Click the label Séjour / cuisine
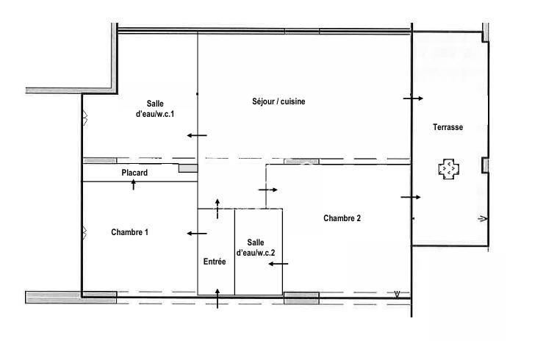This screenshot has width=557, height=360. [273, 101]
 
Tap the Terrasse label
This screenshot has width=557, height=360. [448, 127]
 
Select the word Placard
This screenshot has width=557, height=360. [134, 173]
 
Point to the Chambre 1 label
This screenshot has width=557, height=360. [130, 232]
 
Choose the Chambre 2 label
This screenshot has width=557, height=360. [342, 218]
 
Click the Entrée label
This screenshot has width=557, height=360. [215, 262]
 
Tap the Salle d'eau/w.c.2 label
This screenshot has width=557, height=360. [256, 248]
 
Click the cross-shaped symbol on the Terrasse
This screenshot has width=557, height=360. [449, 169]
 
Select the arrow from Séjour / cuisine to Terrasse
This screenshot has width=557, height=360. [413, 98]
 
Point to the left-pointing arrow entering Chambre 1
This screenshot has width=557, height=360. [196, 234]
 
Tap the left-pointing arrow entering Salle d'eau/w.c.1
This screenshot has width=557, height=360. [196, 135]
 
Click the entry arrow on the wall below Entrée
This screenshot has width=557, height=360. [218, 298]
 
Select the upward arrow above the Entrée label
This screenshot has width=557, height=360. [218, 208]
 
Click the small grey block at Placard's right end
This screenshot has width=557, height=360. [188, 168]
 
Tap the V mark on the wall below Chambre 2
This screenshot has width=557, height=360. [397, 295]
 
